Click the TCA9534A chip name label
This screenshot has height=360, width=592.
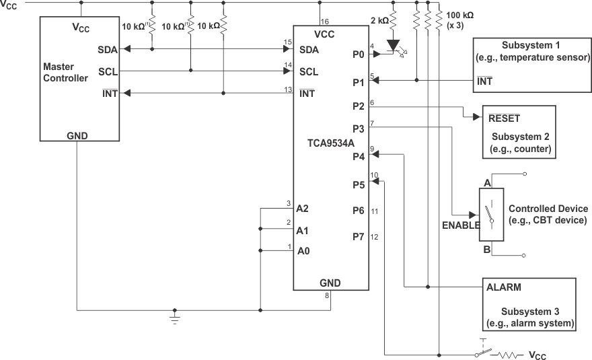coord(330,143)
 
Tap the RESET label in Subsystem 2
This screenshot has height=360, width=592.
coord(504,117)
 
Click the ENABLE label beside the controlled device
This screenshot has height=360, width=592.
coord(460,225)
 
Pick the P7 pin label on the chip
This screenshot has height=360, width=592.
coord(358,236)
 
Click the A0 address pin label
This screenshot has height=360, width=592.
coord(303,252)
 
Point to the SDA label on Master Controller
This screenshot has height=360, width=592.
coord(106,49)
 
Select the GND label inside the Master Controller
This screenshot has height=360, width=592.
coord(77,135)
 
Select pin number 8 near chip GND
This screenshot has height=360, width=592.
coord(328,295)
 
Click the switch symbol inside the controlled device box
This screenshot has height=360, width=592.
coord(492,215)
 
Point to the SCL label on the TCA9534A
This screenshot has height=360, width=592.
coord(309,71)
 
